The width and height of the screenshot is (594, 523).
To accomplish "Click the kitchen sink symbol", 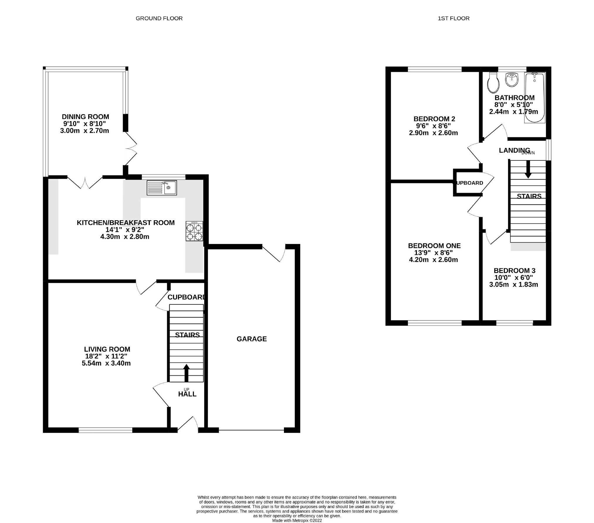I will pos(162,188).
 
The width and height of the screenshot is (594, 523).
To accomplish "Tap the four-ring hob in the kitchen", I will pos(194,231).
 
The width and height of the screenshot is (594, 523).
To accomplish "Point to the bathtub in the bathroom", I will pos(534,98).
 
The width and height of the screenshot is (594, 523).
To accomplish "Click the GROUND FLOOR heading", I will pos(159,18).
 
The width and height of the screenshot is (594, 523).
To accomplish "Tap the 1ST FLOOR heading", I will pos(453,18).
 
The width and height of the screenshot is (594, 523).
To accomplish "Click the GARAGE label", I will pos(252,339).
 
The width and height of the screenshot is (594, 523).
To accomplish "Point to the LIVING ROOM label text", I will pos(107,349).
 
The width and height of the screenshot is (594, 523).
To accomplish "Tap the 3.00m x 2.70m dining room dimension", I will pos(84,131).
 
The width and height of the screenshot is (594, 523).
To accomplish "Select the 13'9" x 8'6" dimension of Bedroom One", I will pos(433,253).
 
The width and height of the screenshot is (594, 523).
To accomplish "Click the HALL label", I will pos(187,394).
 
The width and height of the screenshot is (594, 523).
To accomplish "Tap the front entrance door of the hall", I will pos(188,424).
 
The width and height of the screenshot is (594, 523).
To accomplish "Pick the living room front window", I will pos(105,430).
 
